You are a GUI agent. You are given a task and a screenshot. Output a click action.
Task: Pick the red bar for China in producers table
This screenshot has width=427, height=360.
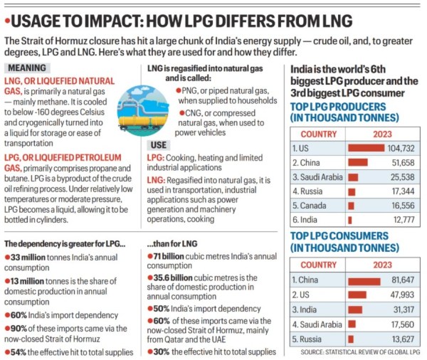357,162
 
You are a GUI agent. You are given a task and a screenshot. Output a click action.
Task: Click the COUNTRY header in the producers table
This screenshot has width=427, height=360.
318,133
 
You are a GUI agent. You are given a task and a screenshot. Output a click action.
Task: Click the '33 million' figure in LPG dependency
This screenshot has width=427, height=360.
29,256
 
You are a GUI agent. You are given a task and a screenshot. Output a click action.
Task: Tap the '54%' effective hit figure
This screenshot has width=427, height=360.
17,351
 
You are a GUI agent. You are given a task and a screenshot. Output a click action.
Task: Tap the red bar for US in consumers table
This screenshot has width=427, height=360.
357,295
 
